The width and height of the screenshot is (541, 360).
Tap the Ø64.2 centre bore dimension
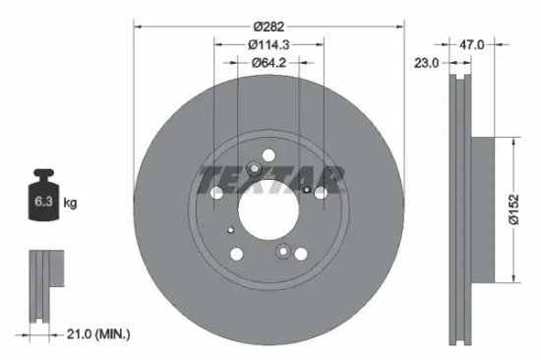pos(269,63)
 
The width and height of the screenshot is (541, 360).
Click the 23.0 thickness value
pos(427,63)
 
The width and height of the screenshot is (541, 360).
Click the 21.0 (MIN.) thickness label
pos(96,335)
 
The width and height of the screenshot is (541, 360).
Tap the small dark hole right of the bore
pos(308,191)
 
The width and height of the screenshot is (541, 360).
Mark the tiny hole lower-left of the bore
pos(230,228)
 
